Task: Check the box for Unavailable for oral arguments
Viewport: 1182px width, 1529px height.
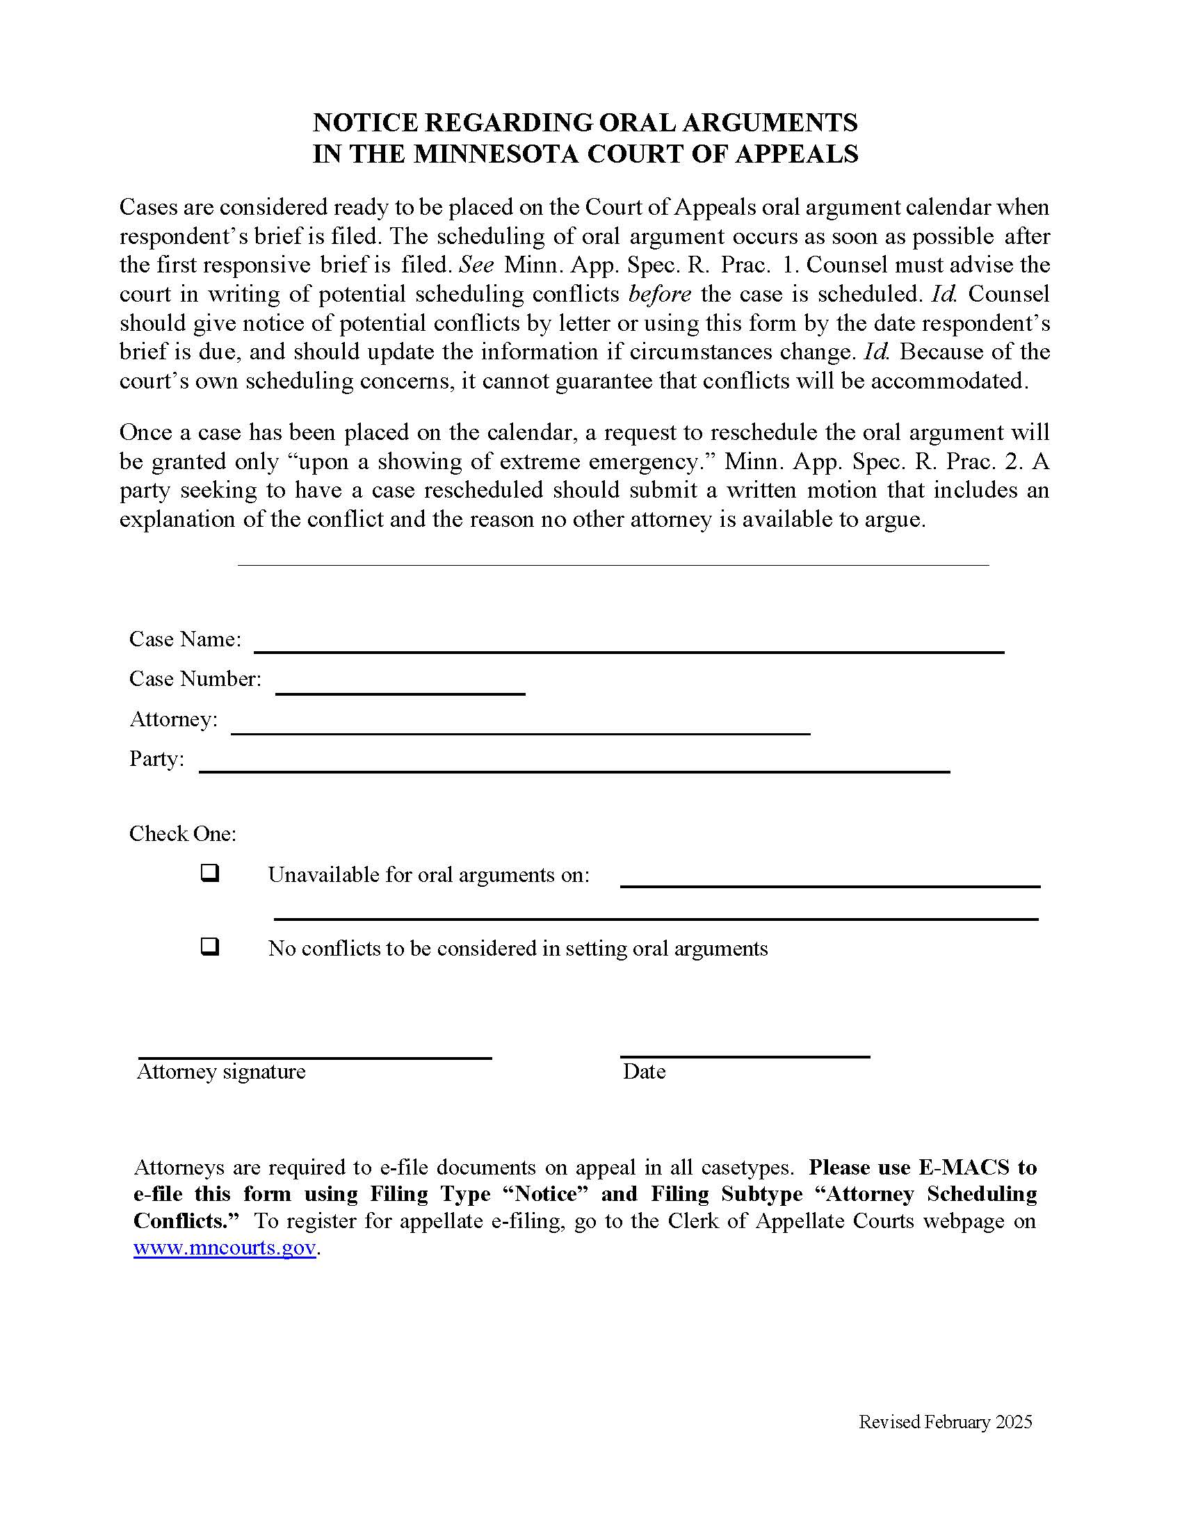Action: pyautogui.click(x=210, y=873)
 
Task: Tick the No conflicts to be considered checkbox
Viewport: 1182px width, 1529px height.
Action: pyautogui.click(x=210, y=947)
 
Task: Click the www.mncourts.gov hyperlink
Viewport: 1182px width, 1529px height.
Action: pyautogui.click(x=224, y=1248)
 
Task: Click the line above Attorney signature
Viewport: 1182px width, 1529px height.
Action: pyautogui.click(x=314, y=1057)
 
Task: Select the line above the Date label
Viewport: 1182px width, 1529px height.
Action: pyautogui.click(x=745, y=1056)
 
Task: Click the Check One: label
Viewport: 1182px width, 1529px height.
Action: pyautogui.click(x=183, y=833)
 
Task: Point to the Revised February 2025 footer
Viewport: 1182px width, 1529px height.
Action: pyautogui.click(x=946, y=1422)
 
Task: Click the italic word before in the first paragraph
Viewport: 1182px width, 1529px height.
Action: pyautogui.click(x=660, y=294)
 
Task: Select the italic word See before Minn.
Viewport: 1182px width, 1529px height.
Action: pyautogui.click(x=476, y=265)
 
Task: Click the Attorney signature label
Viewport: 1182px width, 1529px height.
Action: pyautogui.click(x=221, y=1072)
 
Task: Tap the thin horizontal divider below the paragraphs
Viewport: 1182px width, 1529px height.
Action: pyautogui.click(x=613, y=564)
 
